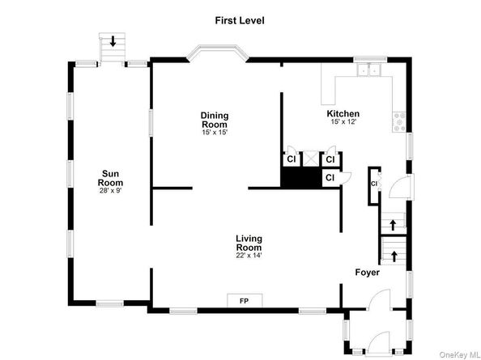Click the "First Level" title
239,20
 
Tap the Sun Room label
110,178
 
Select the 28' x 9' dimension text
110,191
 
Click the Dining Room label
215,120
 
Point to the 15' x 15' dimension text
215,133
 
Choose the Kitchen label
343,114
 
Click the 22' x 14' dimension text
249,255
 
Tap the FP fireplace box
245,300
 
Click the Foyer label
367,273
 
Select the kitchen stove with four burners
399,121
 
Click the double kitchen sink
368,70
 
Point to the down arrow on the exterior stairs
113,41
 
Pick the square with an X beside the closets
311,159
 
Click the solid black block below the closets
301,177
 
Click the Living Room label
249,243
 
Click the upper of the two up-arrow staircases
393,223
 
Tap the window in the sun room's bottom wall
110,303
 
